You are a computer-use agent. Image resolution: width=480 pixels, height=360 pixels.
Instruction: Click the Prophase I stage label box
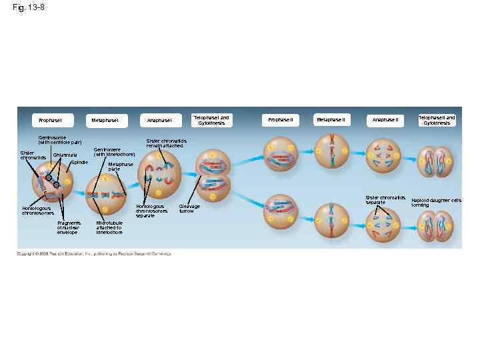click(x=50, y=120)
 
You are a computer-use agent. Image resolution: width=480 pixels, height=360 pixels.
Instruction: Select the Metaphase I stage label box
click(x=105, y=120)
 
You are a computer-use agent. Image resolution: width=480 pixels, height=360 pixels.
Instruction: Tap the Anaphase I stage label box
click(x=159, y=120)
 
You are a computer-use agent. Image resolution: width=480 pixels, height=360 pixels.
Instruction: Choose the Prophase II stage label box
click(x=279, y=120)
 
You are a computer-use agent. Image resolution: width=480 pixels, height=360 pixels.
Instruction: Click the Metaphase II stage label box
click(x=331, y=120)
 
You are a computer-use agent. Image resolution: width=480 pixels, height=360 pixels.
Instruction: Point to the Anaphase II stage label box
click(x=385, y=120)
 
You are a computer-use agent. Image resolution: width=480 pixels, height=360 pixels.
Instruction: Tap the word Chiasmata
click(x=65, y=155)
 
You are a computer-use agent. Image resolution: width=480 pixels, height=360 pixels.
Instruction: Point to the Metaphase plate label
click(x=120, y=166)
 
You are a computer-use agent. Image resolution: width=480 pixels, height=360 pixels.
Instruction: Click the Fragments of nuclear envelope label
click(x=69, y=227)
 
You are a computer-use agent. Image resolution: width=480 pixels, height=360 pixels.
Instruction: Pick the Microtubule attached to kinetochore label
click(x=109, y=227)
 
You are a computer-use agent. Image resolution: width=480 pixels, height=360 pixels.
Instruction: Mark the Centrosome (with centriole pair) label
click(x=60, y=140)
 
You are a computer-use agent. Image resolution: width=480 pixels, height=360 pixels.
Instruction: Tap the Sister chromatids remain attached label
click(x=167, y=143)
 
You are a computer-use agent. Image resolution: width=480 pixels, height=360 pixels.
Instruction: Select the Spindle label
click(x=79, y=163)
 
